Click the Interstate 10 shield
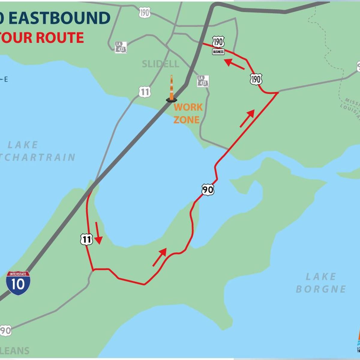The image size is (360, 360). tap(18, 283)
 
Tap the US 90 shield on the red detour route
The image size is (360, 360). tap(208, 190)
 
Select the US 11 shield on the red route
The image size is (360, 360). tap(86, 239)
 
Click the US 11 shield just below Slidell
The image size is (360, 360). tap(145, 92)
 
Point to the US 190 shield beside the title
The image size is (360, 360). tap(145, 13)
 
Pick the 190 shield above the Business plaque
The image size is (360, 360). tap(218, 42)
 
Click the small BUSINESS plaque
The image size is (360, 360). tap(218, 52)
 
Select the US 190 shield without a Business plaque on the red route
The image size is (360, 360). tap(256, 79)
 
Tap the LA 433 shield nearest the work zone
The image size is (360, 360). tap(203, 81)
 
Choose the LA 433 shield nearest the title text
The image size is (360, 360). tap(121, 47)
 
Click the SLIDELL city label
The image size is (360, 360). tap(160, 64)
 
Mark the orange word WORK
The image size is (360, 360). tap(188, 107)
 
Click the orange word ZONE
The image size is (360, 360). tap(186, 120)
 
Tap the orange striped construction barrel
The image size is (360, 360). tap(172, 89)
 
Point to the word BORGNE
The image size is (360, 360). tap(321, 289)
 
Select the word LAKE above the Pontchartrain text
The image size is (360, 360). tap(23, 145)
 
